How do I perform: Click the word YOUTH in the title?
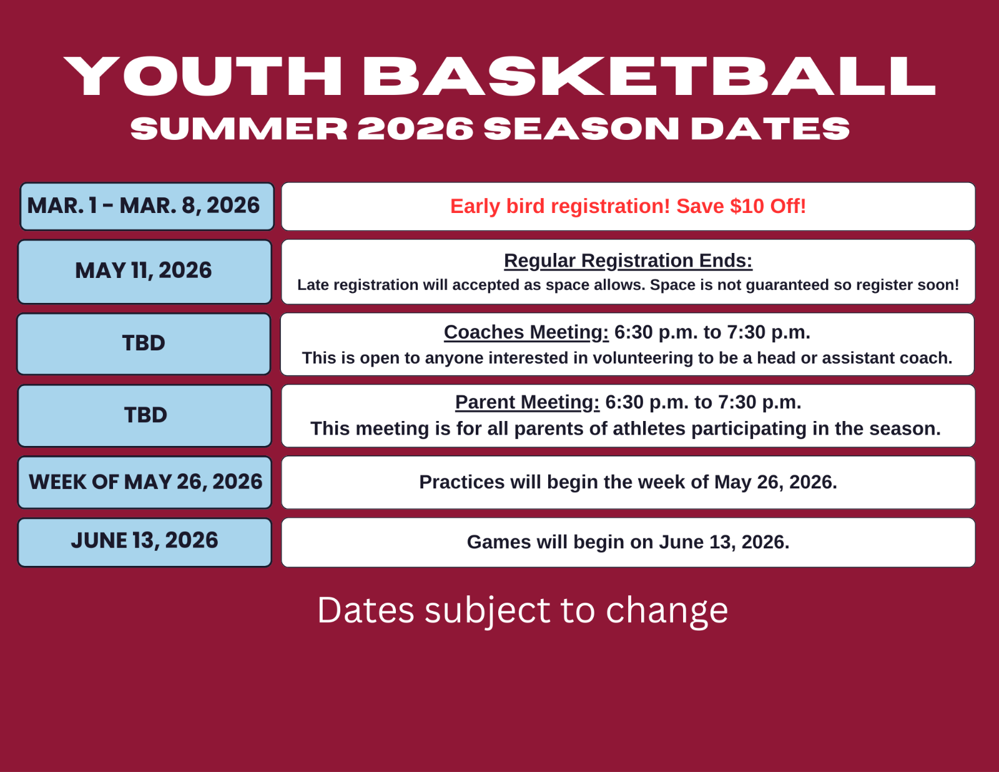203,76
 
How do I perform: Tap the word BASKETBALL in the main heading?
649,76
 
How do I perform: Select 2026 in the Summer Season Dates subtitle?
415,128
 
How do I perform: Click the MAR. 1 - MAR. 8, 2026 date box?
147,207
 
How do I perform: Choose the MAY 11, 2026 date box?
145,272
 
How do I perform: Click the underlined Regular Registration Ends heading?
628,261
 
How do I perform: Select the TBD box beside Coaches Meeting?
144,344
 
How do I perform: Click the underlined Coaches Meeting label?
526,332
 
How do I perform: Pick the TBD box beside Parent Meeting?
145,415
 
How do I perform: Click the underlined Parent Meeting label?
528,402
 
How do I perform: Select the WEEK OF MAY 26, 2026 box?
145,482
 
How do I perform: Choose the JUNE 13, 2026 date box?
145,543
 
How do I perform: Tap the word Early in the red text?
475,207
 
